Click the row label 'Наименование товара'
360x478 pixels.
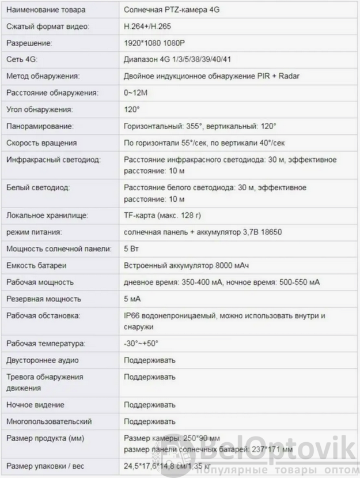[x=46, y=10]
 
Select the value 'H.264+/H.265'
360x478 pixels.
[x=147, y=27]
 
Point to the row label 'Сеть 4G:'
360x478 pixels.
[x=21, y=59]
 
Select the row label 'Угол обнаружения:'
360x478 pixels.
[x=40, y=110]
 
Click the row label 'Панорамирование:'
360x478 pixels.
[x=40, y=126]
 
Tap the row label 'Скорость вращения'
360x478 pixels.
[x=41, y=142]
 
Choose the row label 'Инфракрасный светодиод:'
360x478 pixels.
[x=54, y=159]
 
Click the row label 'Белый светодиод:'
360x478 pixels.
[x=38, y=187]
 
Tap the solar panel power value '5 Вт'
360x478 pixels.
[x=131, y=249]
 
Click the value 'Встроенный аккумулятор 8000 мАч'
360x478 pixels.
[x=187, y=266]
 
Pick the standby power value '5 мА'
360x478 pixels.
[x=132, y=299]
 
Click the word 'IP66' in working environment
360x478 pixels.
[x=132, y=315]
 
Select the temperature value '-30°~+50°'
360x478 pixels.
[x=141, y=344]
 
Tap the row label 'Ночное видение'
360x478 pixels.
[x=35, y=405]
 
